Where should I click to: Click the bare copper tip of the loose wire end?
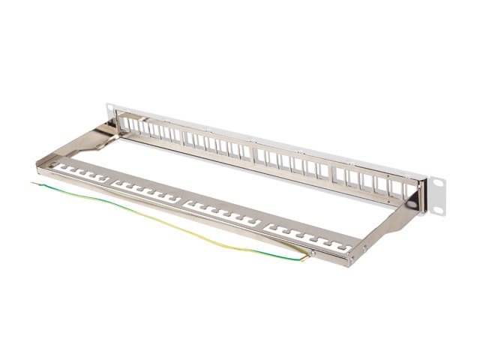pos(34,182)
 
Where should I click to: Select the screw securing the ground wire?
pos(312,253)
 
